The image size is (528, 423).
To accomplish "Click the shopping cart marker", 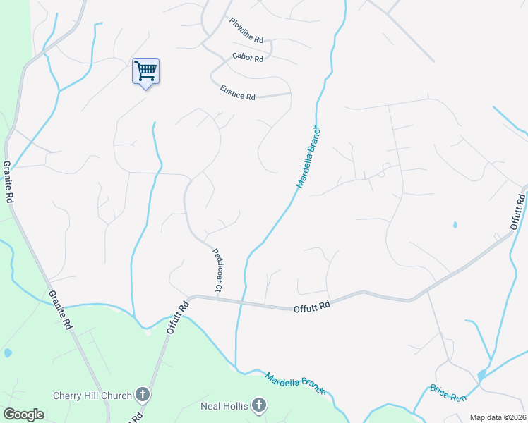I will [x=145, y=71].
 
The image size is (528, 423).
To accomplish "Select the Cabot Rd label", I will [x=248, y=58].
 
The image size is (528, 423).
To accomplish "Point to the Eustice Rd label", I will [x=237, y=93].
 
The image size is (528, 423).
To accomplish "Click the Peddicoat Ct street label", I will [x=216, y=270].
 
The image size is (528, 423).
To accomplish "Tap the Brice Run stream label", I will [x=449, y=393].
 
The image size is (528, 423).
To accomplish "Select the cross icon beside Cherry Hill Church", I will [x=143, y=395].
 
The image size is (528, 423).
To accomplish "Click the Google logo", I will [x=23, y=415].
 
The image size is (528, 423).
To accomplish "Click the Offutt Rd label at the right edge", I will [x=518, y=208].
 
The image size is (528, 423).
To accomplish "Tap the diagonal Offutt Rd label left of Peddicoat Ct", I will [x=179, y=317].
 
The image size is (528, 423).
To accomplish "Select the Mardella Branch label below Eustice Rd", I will [x=308, y=157].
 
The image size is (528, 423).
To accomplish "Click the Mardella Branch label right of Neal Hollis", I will [x=295, y=383].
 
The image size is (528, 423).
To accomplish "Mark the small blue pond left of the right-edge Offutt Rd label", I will [x=455, y=226].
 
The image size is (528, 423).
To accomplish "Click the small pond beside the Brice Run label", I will [x=481, y=376].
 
